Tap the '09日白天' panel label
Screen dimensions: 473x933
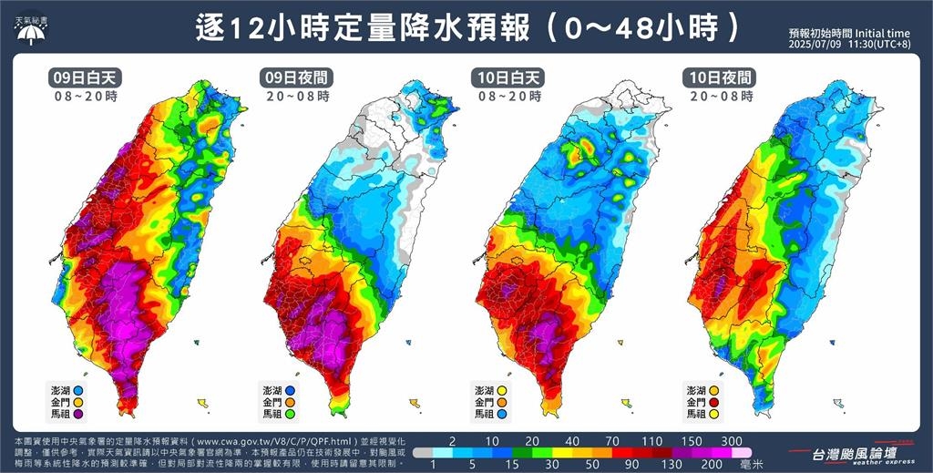(x=86, y=77)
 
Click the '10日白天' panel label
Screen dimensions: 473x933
(x=510, y=77)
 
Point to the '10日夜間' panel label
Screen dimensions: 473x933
(x=722, y=77)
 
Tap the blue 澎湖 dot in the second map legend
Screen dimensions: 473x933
(x=291, y=389)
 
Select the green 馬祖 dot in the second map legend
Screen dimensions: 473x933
(x=291, y=414)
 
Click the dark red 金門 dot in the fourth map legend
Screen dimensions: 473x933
(x=716, y=402)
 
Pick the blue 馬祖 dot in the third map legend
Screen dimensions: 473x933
(x=503, y=414)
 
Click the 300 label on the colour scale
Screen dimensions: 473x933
(x=731, y=439)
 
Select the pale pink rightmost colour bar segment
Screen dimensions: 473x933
(x=743, y=451)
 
